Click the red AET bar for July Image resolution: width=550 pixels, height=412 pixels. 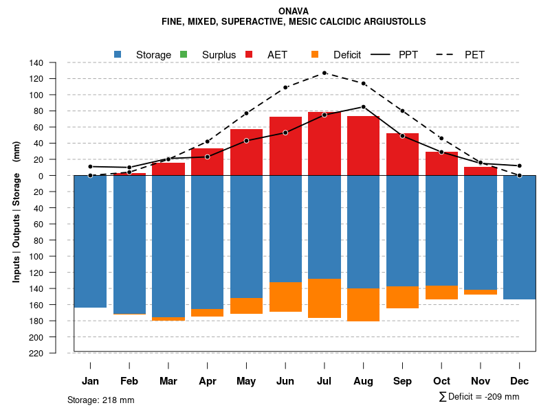(324, 144)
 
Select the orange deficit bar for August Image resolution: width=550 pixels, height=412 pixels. (364, 304)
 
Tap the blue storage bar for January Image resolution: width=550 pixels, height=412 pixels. (90, 241)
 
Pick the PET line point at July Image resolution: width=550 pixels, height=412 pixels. (324, 73)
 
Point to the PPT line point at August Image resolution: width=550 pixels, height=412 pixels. (364, 106)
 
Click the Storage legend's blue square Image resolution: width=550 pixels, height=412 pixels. (118, 54)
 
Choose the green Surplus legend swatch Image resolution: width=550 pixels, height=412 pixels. (184, 54)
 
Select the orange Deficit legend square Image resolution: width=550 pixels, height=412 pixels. (315, 54)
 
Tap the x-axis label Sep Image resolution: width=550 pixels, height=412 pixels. (402, 381)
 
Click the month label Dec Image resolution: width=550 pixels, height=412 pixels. (520, 381)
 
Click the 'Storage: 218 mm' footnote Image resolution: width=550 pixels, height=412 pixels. (100, 400)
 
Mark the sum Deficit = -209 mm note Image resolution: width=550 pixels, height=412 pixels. (478, 397)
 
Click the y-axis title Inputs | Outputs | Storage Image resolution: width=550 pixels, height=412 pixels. (16, 211)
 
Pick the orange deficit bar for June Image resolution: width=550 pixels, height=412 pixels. (285, 297)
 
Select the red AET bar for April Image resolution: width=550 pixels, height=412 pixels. (207, 161)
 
